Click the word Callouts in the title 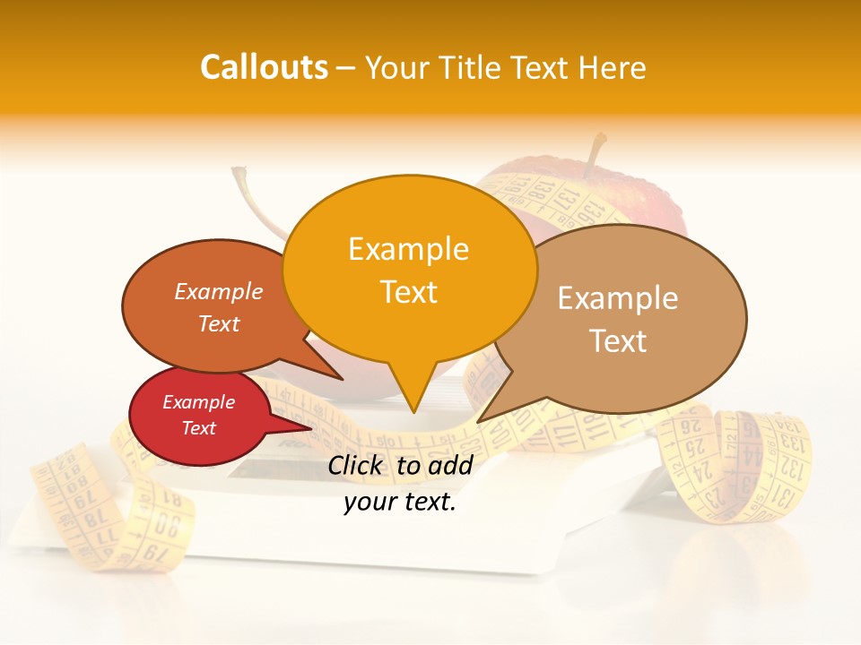click(264, 67)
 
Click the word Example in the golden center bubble click(408, 249)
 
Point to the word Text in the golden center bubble click(408, 291)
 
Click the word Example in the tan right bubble click(618, 298)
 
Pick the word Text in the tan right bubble click(618, 341)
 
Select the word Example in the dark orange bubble click(219, 292)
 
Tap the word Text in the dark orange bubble click(219, 324)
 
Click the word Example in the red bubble click(199, 402)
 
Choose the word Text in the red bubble click(199, 428)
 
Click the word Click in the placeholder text click(358, 466)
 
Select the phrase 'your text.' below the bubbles click(400, 503)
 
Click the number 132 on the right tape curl click(790, 469)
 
